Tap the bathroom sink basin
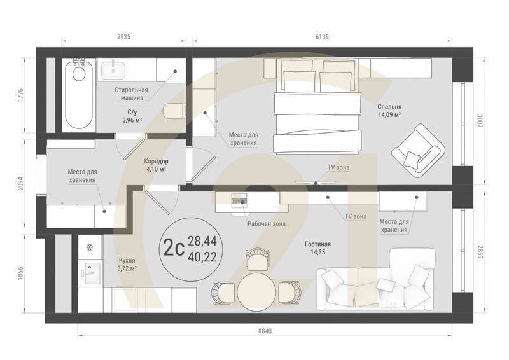pos(113,71)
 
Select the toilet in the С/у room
pos(174,111)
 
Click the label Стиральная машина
pos(132,93)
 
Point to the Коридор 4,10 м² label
pos(156,165)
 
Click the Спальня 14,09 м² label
pos(389,111)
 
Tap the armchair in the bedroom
pos(418,148)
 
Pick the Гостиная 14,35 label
pos(317,248)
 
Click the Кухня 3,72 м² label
pos(127,264)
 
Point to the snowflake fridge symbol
pos(89,247)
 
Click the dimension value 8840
pos(265,331)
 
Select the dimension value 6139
pos(322,37)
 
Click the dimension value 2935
pos(123,37)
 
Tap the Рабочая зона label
pos(267,224)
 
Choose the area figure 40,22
pos(202,257)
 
